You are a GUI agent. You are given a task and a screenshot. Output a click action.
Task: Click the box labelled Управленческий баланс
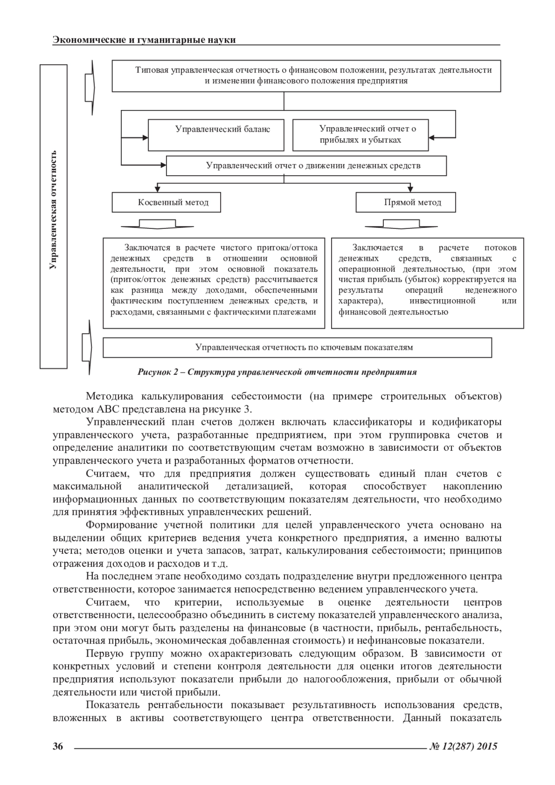(216, 135)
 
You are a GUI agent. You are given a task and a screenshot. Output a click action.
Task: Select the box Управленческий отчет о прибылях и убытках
(360, 135)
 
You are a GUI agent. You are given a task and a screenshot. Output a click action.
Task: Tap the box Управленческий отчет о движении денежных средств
(306, 166)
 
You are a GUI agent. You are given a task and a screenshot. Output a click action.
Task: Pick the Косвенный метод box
(166, 202)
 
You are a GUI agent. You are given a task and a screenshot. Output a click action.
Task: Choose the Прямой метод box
(406, 202)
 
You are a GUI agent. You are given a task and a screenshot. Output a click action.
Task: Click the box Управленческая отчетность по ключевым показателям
(297, 347)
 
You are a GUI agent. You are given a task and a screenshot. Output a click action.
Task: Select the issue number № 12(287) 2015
(463, 746)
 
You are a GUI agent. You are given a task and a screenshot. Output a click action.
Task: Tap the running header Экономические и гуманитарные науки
(144, 40)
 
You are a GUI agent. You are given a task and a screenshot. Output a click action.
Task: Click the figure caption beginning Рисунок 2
(277, 372)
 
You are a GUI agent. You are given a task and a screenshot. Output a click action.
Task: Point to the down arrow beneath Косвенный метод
(157, 224)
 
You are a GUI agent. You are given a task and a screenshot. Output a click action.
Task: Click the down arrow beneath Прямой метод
(401, 224)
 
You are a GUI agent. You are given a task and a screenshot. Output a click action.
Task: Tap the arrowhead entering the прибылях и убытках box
(432, 137)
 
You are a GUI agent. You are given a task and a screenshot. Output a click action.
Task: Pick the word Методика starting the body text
(109, 397)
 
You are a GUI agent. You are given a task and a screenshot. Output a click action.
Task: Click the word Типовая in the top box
(152, 70)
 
